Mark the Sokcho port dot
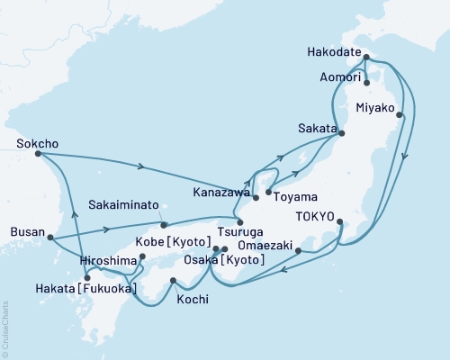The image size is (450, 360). click(38, 154)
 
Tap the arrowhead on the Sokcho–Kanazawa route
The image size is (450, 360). click(141, 166)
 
